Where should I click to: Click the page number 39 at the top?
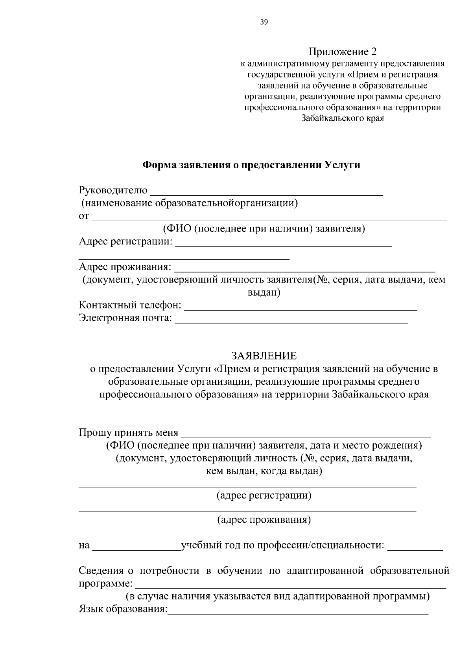tap(264, 22)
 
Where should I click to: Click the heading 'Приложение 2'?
tap(342, 51)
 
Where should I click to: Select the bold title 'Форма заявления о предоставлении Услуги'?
tap(251, 165)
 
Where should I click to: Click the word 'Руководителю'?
tap(113, 191)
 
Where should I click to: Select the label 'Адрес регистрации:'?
tap(125, 241)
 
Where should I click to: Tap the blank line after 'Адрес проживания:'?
tap(304, 270)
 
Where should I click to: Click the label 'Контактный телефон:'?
tap(130, 305)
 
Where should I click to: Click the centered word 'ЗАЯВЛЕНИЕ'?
tap(264, 356)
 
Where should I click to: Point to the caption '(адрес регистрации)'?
tap(264, 495)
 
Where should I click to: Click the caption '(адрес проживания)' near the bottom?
tap(264, 520)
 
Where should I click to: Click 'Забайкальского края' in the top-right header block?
tap(342, 118)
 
